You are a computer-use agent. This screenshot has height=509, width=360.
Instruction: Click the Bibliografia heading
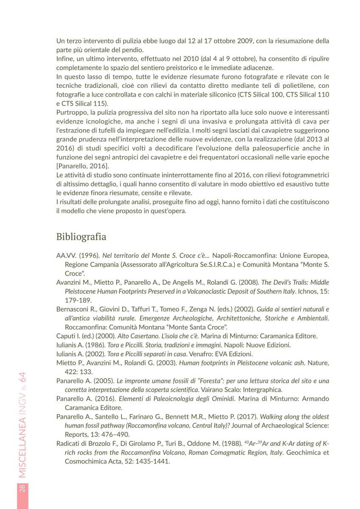tap(81, 237)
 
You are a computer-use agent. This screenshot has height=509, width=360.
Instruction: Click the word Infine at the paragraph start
tap(65, 58)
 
